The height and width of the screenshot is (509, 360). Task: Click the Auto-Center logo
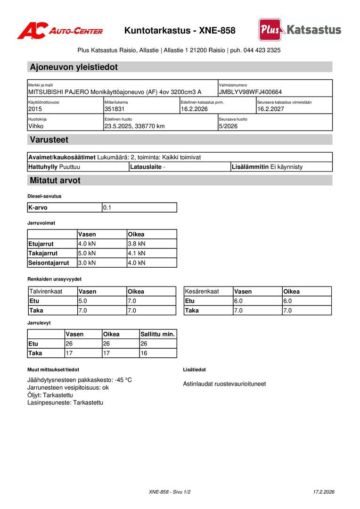tap(60, 31)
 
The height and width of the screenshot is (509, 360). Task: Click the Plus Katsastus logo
tap(300, 30)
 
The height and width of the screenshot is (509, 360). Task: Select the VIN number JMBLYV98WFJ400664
tap(250, 92)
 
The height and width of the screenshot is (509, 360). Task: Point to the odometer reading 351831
tap(115, 109)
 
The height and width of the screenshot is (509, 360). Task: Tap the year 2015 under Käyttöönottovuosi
tap(35, 109)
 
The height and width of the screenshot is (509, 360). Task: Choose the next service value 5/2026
tap(228, 126)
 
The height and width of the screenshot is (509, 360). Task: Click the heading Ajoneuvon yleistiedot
tap(74, 67)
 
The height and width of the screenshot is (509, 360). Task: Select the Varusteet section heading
tap(49, 140)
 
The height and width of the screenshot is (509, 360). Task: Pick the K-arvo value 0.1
tap(107, 207)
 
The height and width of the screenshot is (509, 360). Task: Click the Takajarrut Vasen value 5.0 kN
tap(87, 253)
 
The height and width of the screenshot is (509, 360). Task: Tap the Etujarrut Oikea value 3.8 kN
tap(137, 244)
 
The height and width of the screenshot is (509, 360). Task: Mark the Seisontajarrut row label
tap(49, 263)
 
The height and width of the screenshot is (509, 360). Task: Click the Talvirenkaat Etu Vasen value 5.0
tap(82, 301)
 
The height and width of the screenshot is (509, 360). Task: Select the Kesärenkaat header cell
tap(202, 291)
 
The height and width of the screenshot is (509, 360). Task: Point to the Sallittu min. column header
tap(157, 334)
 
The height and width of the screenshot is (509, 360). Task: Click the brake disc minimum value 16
tap(144, 353)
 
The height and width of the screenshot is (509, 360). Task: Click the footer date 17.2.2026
tap(324, 492)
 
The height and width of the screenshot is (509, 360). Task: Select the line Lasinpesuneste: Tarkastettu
tap(65, 402)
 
